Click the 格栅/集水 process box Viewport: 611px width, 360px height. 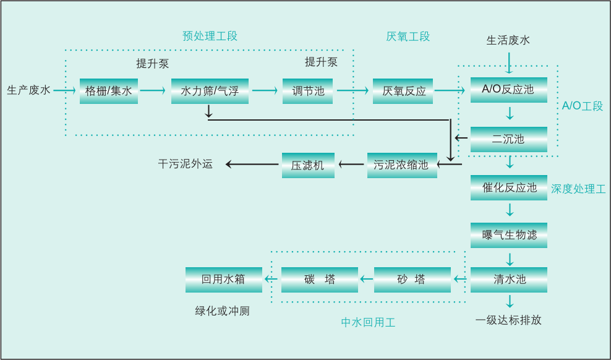tap(109, 91)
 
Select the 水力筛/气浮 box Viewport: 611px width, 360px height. tap(210, 91)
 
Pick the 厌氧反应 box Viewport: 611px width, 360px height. tap(404, 91)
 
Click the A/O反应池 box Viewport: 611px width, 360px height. tap(508, 90)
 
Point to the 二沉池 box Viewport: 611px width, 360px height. tap(508, 139)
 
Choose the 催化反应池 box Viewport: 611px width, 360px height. tap(508, 187)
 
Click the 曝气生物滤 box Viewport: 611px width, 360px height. tap(508, 235)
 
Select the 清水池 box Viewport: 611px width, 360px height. tap(508, 280)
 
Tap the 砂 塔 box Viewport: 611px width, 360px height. tap(412, 280)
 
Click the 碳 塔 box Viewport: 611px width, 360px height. tap(319, 280)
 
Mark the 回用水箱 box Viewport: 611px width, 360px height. tap(223, 280)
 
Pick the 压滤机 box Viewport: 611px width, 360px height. tap(308, 165)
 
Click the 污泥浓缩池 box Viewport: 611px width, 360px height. tap(401, 165)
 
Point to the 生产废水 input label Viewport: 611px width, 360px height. tap(28, 90)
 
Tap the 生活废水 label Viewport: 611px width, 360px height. tap(508, 41)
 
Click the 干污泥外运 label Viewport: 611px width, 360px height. tap(185, 164)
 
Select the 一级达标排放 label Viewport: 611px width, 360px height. tap(508, 320)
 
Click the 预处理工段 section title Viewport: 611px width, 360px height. tap(210, 36)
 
